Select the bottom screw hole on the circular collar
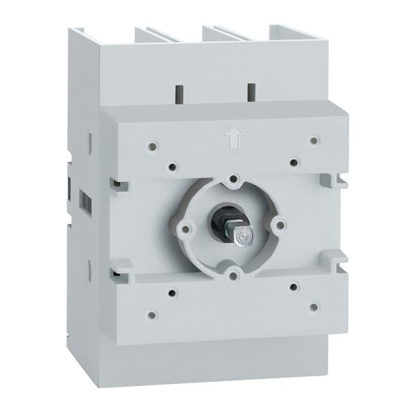(x=236, y=276)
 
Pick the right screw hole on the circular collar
(x=280, y=225)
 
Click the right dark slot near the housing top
(x=250, y=90)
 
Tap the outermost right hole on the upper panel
(x=314, y=140)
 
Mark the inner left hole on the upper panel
(x=173, y=166)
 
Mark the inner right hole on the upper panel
(x=294, y=163)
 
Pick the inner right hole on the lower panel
(x=294, y=286)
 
